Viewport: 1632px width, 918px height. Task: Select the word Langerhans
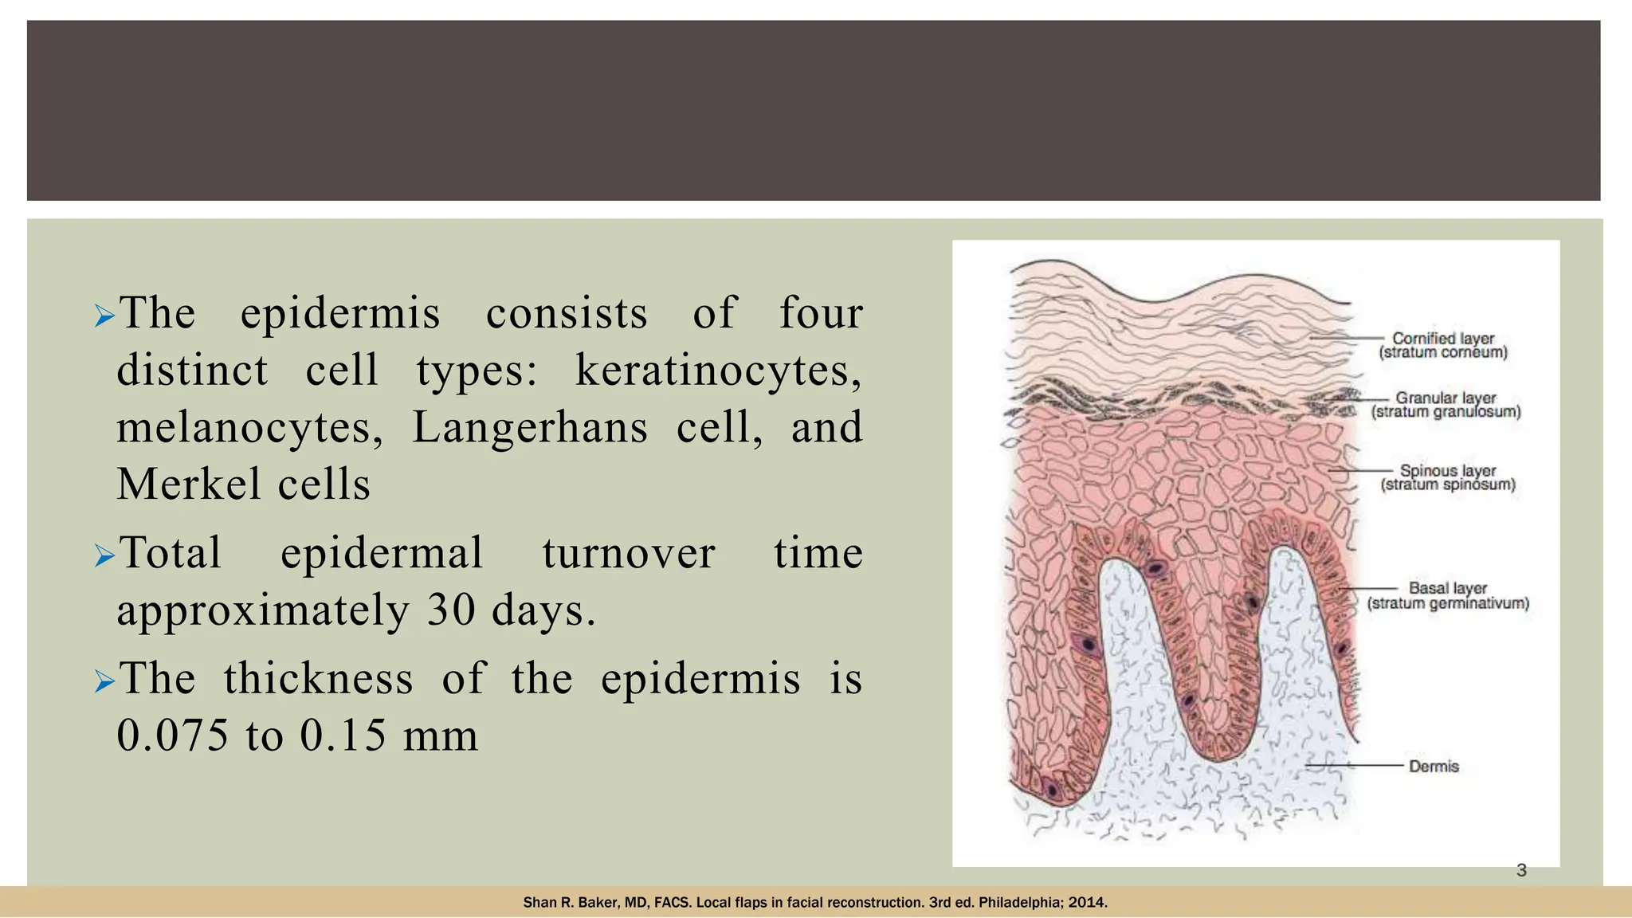[x=529, y=428]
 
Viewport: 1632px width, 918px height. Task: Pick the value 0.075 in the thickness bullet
[x=173, y=735]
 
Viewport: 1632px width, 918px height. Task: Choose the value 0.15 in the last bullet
[x=344, y=735]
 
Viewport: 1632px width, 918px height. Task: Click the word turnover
[x=629, y=553]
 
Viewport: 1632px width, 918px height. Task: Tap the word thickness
[x=318, y=679]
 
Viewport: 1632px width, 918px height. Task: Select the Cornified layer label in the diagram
[x=1443, y=339]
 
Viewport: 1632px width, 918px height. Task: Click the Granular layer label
[x=1446, y=398]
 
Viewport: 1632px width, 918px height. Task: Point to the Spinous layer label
[x=1448, y=471]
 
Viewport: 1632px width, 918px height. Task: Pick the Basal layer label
[x=1448, y=588]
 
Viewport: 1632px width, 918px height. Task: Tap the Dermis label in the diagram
[x=1434, y=767]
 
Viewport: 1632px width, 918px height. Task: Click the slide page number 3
[x=1521, y=870]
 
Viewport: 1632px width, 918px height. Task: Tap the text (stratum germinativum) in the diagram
[x=1448, y=603]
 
